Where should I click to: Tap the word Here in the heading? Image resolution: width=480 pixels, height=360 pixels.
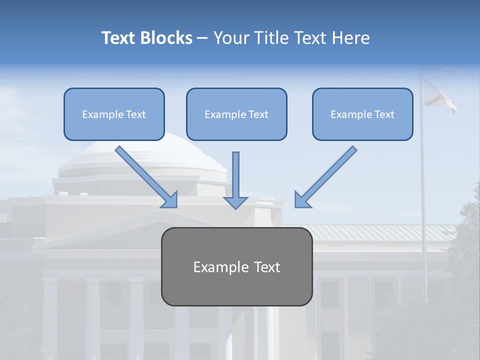tap(351, 38)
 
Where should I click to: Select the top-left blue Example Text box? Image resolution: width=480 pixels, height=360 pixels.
tap(114, 114)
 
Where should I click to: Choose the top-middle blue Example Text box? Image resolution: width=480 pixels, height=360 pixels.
tap(236, 114)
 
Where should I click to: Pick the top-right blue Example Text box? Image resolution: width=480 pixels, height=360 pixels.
tap(362, 114)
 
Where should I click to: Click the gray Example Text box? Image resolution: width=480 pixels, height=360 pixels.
tap(236, 266)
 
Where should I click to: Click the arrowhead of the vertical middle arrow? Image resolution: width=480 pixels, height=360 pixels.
tap(235, 202)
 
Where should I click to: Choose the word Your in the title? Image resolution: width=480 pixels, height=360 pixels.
tap(229, 38)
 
